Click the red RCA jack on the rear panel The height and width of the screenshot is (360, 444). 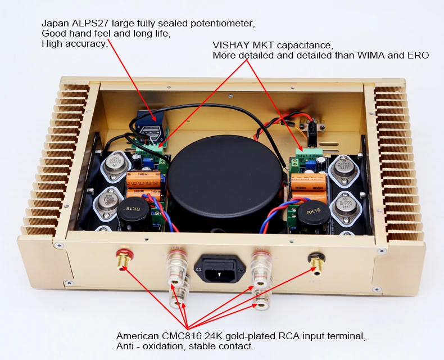point(123,260)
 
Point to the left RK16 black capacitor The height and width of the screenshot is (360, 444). point(133,210)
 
